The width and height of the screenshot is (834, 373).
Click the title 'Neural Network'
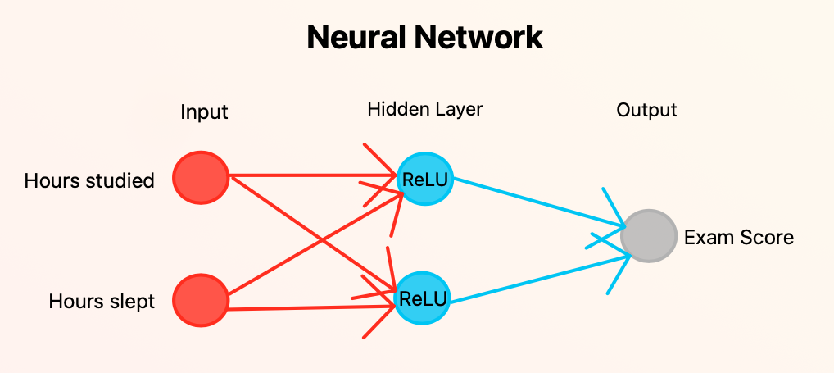click(x=424, y=38)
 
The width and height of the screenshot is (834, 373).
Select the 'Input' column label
click(x=204, y=112)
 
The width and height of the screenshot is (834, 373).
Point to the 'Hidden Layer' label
click(x=424, y=109)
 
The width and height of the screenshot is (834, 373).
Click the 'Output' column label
click(x=646, y=110)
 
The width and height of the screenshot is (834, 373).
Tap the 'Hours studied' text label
click(x=89, y=181)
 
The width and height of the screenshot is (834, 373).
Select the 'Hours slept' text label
click(x=102, y=302)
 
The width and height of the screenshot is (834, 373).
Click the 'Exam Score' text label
click(x=739, y=238)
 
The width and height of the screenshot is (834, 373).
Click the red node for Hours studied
click(x=202, y=177)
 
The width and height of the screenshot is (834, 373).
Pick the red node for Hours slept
click(x=202, y=300)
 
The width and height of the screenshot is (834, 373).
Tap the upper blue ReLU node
click(x=424, y=180)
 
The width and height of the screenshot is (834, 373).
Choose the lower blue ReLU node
click(x=424, y=298)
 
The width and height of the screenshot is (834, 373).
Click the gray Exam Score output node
click(x=649, y=236)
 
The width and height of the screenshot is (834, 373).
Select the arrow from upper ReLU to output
click(x=533, y=201)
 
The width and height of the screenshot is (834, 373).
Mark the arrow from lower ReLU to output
click(x=533, y=281)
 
